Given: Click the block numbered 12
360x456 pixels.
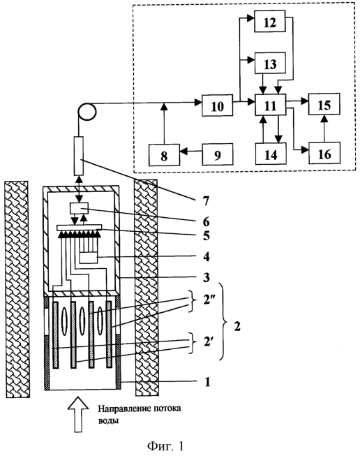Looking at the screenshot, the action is point(269,22).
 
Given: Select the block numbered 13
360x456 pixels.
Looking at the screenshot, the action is point(269,63).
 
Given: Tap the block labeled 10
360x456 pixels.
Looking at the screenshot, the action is point(218,105).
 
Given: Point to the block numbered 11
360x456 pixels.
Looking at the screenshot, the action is point(270,105).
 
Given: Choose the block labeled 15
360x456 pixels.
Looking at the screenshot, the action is point(324,104).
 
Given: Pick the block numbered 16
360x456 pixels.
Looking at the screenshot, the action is point(324,153).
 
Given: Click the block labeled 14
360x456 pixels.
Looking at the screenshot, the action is point(271,154).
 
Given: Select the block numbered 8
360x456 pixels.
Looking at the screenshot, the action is point(164,155).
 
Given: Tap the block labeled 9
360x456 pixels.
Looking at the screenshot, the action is point(218,154).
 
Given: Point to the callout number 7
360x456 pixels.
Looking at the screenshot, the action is point(206,200).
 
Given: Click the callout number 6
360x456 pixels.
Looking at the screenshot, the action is point(206,222).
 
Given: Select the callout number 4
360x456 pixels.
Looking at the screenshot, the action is point(206,257).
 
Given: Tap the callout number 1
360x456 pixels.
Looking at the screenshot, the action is point(207,382).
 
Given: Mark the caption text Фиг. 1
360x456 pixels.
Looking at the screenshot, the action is point(165,446).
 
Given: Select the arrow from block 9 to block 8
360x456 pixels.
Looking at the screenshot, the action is point(191,152).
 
